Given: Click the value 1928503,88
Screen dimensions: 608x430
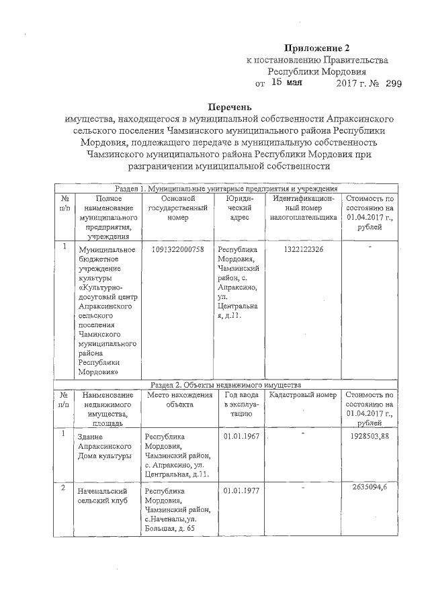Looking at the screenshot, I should click(370, 437).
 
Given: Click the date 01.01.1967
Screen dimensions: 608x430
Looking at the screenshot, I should click(243, 437).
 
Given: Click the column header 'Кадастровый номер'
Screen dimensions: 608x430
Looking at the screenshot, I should click(302, 395).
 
